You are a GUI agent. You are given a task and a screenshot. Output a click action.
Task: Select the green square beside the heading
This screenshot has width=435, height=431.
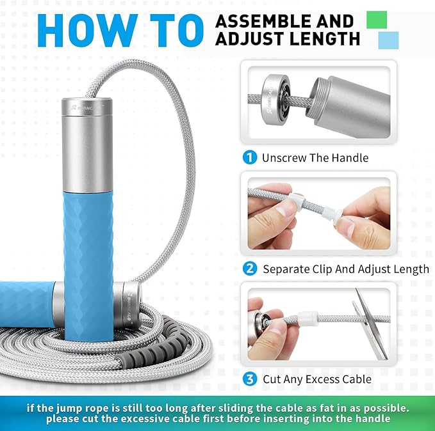377,19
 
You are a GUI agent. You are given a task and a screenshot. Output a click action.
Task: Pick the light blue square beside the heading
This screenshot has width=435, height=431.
388,40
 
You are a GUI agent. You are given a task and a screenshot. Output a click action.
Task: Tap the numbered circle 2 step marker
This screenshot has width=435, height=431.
250,269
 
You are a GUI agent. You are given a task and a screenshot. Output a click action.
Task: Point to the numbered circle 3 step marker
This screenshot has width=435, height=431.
250,379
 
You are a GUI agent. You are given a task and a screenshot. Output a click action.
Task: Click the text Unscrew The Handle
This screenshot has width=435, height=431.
315,157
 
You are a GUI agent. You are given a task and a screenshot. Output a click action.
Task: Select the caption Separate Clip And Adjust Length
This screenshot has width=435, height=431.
346,269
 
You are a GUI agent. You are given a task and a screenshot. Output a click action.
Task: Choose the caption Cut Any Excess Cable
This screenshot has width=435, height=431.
317,379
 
